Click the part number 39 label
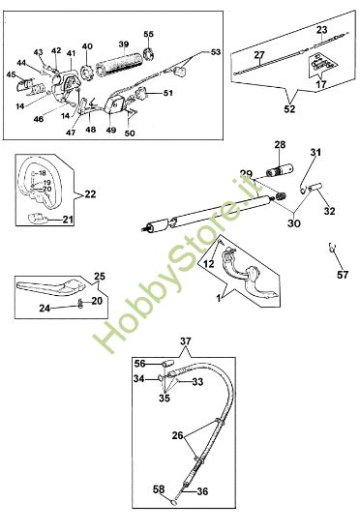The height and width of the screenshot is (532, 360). (x=124, y=44)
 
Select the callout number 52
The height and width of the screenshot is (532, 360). (x=289, y=109)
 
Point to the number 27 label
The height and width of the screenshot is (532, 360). (x=259, y=54)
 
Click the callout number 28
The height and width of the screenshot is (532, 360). (x=281, y=145)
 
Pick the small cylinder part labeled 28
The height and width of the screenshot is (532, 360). (x=281, y=169)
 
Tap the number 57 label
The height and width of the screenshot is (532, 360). (x=343, y=275)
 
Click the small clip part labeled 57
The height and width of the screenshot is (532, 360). (x=332, y=248)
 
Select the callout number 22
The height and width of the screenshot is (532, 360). (x=90, y=194)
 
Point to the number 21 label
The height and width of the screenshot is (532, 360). (x=68, y=220)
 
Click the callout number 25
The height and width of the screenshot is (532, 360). (x=100, y=277)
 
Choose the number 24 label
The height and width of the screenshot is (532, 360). (x=45, y=308)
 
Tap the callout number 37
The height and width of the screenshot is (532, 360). (x=186, y=341)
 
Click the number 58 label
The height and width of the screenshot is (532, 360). (x=159, y=488)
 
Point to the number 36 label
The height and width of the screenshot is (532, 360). (x=202, y=491)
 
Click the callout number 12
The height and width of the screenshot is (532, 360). (x=209, y=264)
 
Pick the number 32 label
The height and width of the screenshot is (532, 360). (x=329, y=211)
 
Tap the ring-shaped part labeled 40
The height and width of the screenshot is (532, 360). (x=86, y=73)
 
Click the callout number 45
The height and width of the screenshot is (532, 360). (x=11, y=74)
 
